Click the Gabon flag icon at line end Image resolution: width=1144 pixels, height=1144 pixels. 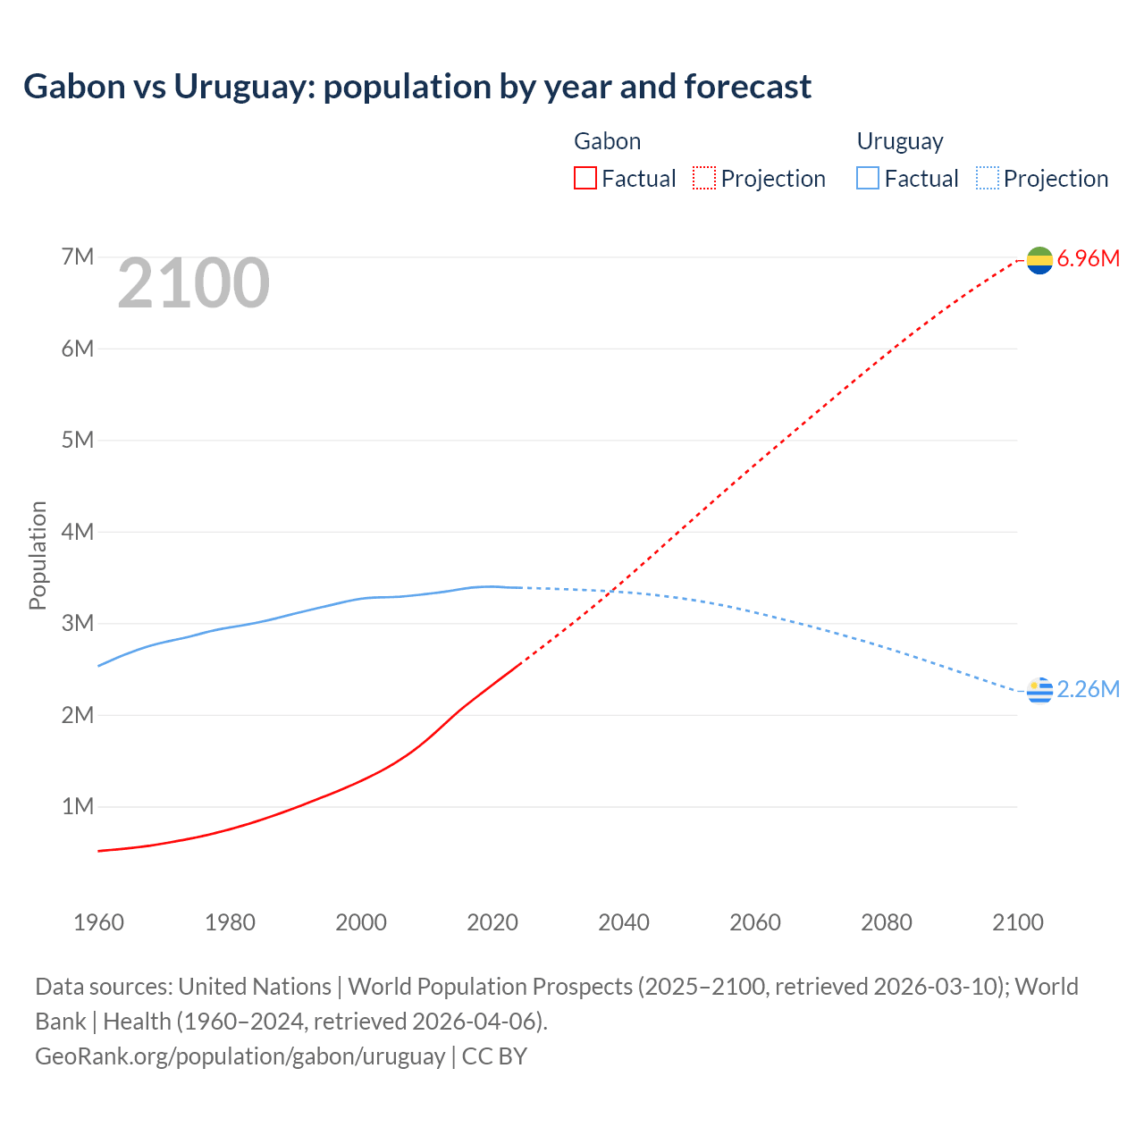click(1039, 260)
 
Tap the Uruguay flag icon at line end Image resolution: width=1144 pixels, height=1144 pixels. click(1039, 690)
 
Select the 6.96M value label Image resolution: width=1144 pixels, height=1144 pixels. click(1088, 259)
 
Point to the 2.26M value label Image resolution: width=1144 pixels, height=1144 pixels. click(1088, 689)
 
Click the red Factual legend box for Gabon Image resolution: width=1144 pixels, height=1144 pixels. click(585, 179)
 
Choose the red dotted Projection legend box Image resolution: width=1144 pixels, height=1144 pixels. click(704, 179)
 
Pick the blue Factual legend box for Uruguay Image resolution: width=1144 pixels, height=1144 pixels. click(867, 179)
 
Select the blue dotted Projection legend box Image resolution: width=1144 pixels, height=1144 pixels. click(988, 179)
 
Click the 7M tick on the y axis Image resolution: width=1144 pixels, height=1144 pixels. click(78, 257)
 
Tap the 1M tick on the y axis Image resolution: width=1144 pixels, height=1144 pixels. click(78, 807)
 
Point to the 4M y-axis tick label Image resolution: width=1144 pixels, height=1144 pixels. click(78, 532)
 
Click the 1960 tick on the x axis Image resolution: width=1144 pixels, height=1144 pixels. click(98, 922)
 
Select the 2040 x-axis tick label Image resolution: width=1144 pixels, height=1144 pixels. click(624, 922)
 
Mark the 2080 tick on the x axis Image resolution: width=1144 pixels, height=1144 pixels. click(887, 922)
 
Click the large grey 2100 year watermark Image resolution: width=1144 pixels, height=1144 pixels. click(193, 283)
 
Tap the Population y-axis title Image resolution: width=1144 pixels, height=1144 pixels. click(38, 555)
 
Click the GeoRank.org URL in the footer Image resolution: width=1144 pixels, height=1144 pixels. click(240, 1056)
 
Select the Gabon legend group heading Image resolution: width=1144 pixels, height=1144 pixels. click(607, 141)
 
